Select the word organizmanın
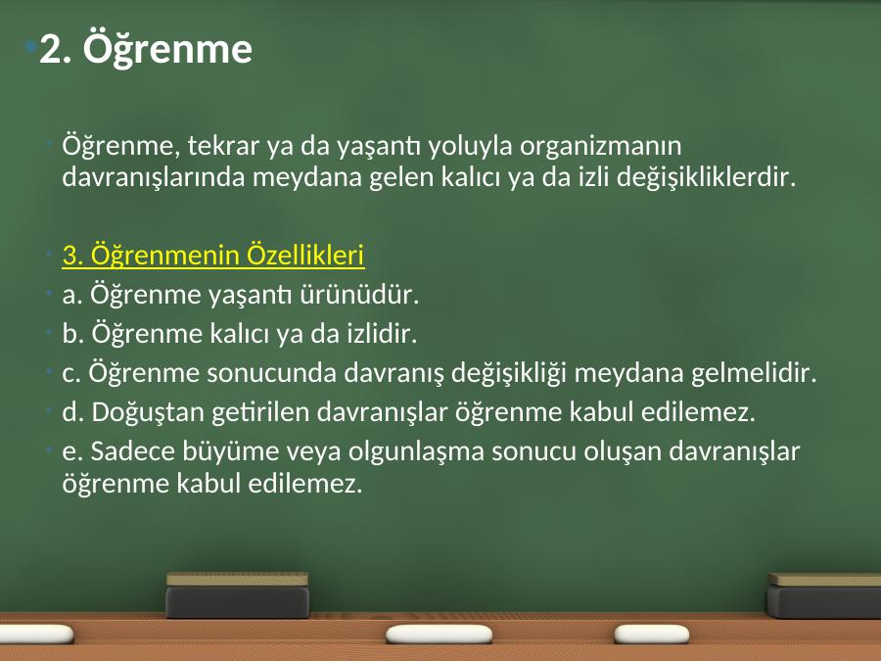tap(600, 147)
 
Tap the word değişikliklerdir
tap(706, 177)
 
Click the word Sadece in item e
tap(132, 451)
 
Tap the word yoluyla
tap(470, 147)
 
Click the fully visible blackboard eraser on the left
tap(238, 595)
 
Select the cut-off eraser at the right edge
tap(824, 595)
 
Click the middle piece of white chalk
tap(439, 634)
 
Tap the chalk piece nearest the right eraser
tap(652, 634)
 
